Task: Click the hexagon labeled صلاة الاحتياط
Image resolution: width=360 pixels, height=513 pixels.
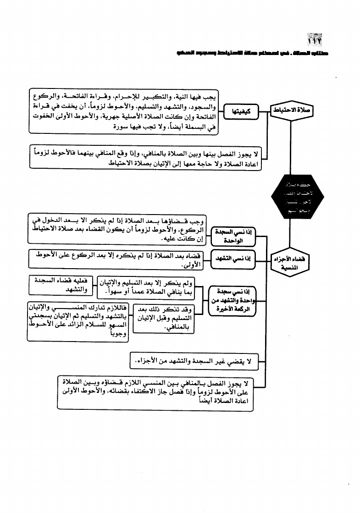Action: click(x=292, y=110)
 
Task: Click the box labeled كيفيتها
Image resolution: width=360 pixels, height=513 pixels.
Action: click(x=241, y=110)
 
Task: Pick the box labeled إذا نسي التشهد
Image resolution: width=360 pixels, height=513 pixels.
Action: click(x=235, y=259)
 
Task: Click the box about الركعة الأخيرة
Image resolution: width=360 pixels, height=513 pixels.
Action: click(x=233, y=301)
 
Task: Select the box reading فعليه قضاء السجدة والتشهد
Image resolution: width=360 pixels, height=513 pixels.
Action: click(x=61, y=285)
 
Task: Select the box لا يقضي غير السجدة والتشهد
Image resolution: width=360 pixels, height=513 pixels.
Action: click(x=191, y=363)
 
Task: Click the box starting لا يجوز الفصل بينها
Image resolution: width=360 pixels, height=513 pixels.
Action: click(x=146, y=157)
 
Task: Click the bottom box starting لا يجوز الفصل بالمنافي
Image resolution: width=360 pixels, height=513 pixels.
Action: click(x=156, y=393)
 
